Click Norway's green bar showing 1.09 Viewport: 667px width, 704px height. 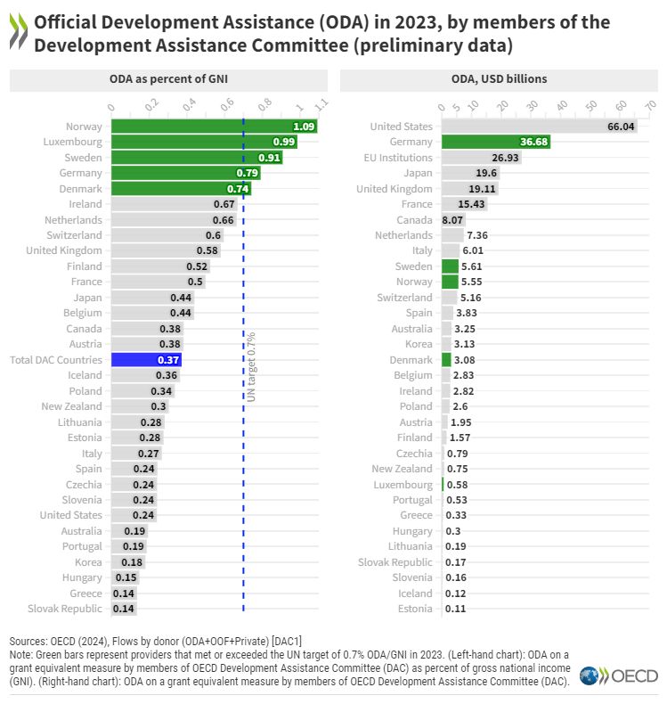coord(214,127)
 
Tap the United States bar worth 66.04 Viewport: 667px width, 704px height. coord(534,127)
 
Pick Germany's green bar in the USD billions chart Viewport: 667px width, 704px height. coord(494,142)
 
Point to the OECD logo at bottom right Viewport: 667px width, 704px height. coord(618,676)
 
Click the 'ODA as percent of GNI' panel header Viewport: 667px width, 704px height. coord(169,79)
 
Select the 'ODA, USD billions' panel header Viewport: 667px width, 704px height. coord(499,79)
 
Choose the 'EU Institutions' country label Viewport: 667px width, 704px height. coord(399,158)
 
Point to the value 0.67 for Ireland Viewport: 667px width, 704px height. coord(223,204)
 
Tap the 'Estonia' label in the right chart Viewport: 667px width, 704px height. coord(415,609)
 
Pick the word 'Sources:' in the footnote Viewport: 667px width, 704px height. coord(30,642)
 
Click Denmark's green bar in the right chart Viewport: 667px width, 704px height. coord(446,360)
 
